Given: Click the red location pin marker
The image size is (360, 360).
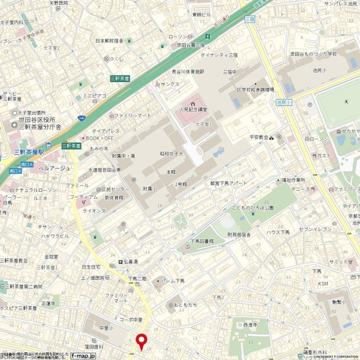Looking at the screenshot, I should tap(141, 341).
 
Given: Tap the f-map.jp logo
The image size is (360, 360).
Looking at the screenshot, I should tap(83, 355).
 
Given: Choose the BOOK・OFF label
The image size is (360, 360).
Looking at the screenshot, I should tap(100, 138).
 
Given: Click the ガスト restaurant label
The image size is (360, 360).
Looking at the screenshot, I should tap(324, 155).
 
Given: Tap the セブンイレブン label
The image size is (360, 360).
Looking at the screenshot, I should tap(316, 229).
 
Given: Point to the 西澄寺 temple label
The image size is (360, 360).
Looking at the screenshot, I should tap(250, 325).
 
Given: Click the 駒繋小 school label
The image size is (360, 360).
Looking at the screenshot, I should tap(338, 301).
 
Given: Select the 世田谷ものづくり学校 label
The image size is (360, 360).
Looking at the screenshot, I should tap(313, 54).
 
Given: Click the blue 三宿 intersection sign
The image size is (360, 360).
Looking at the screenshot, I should tap(250, 19).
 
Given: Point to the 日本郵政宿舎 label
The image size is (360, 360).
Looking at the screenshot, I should tap(109, 40).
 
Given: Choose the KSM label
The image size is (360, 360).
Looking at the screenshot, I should tap(323, 283).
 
